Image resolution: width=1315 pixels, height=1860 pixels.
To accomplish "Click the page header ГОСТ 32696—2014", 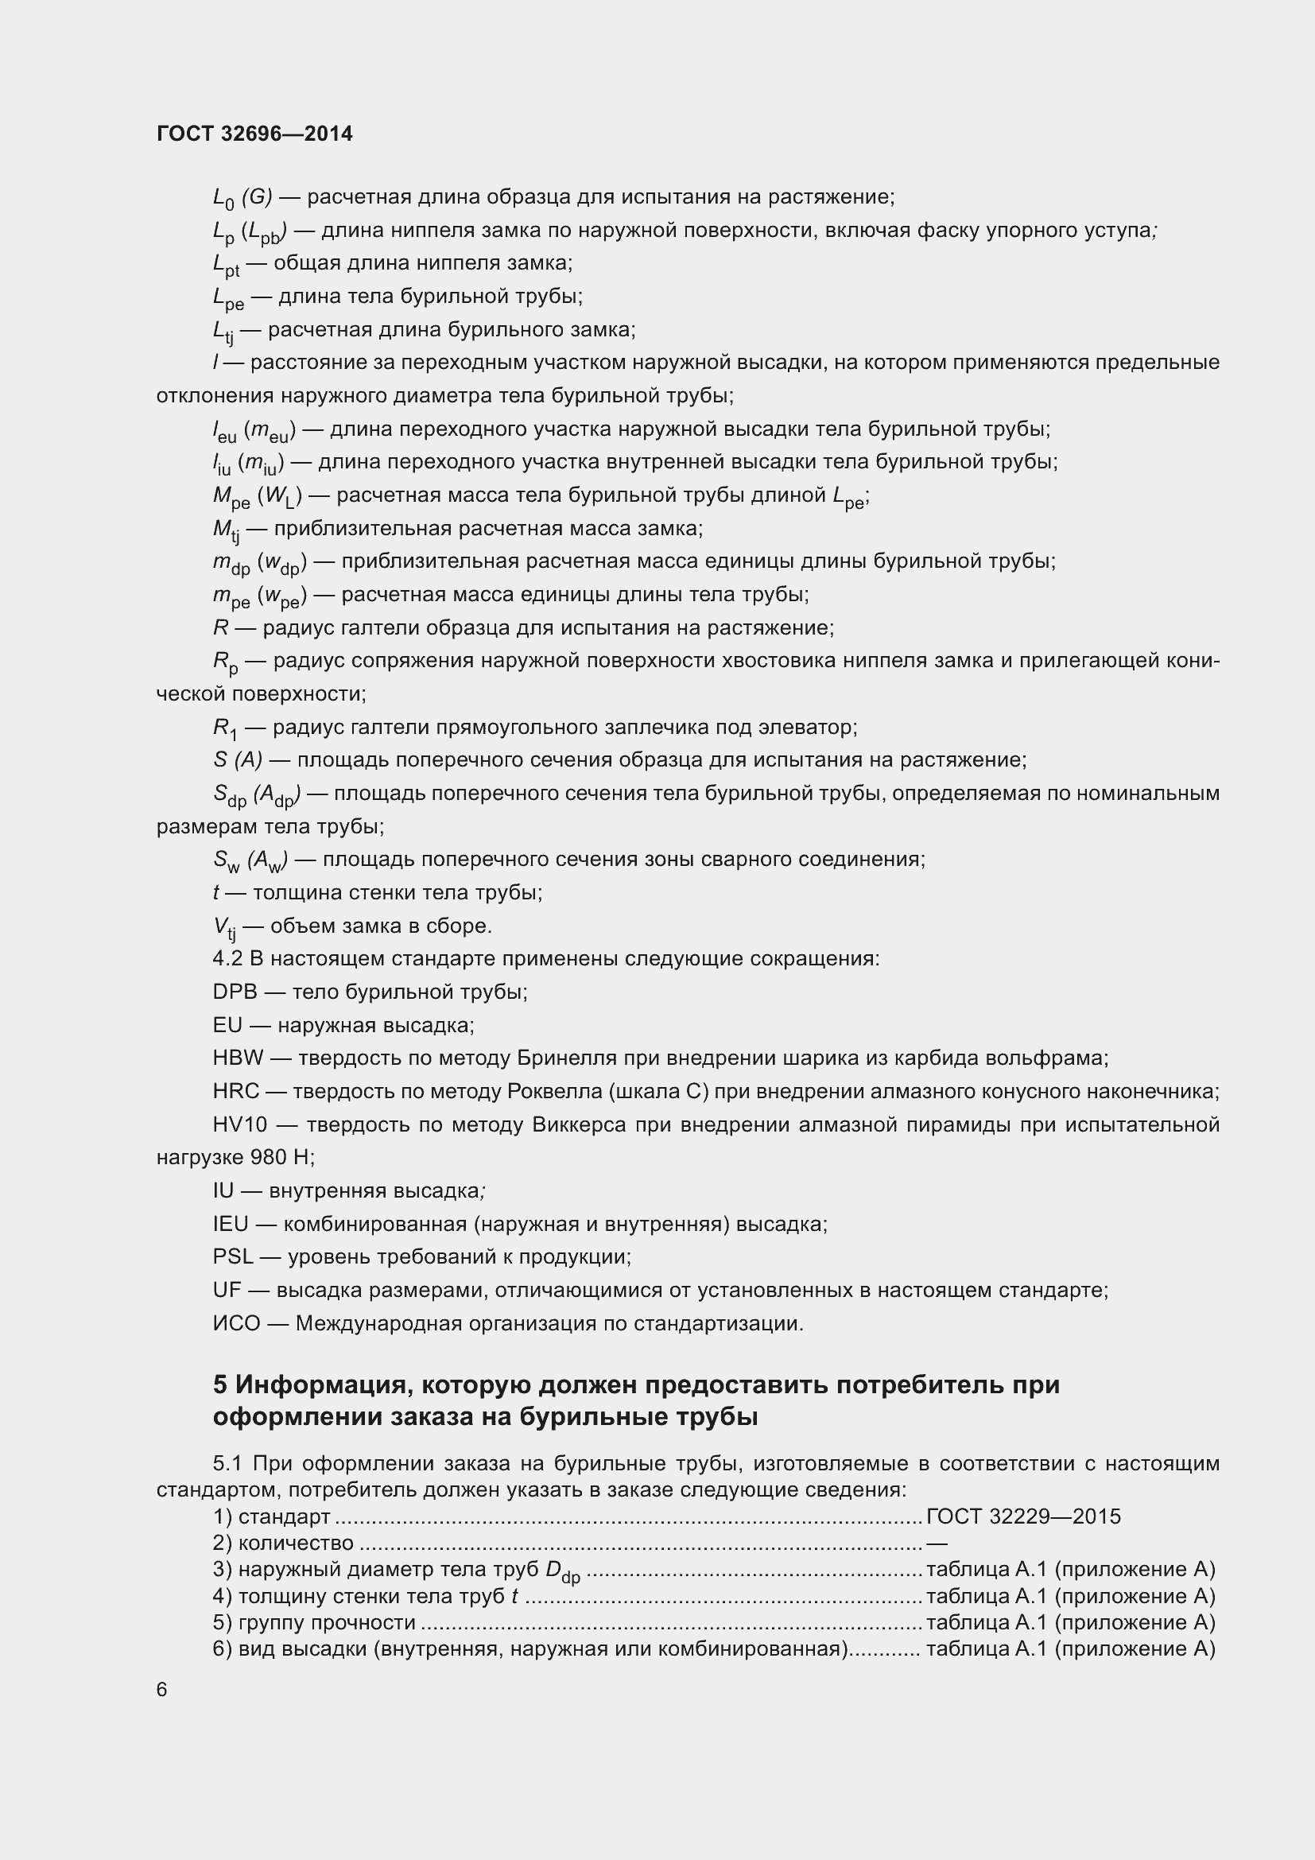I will (254, 134).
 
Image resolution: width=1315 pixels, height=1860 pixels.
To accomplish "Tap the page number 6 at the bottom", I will (162, 1689).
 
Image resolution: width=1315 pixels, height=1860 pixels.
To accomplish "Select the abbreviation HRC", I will (235, 1091).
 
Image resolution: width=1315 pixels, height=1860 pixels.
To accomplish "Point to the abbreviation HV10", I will (239, 1124).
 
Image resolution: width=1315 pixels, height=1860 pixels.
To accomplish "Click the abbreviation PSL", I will (233, 1256).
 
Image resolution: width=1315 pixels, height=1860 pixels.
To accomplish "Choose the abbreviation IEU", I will (231, 1223).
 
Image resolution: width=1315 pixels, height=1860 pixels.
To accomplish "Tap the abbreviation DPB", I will (235, 992).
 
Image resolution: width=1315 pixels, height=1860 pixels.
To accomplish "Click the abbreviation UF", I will (227, 1290).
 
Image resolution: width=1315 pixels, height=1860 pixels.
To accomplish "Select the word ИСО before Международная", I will (236, 1323).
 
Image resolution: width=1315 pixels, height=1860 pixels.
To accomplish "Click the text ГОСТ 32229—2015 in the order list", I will (1023, 1516).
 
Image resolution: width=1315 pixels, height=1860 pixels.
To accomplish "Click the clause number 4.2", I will (227, 958).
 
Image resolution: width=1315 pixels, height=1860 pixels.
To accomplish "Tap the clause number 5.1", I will (228, 1463).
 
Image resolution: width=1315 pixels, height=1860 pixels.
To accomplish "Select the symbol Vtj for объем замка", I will (224, 926).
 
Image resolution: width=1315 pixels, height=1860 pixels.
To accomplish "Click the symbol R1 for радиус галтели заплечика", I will (225, 728).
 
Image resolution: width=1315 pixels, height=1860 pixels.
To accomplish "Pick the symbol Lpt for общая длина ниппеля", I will (226, 264).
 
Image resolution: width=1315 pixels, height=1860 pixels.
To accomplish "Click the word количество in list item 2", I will (296, 1543).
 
